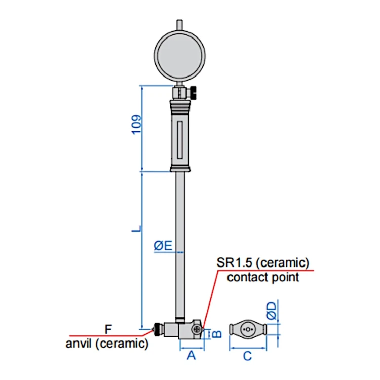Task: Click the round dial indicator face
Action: [x=179, y=56]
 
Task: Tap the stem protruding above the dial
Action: [x=179, y=25]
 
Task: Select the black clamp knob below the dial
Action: [x=194, y=93]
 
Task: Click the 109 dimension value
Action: [x=136, y=124]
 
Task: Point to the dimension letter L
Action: [x=136, y=229]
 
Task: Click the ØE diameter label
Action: [x=163, y=246]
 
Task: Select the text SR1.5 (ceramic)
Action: [x=263, y=262]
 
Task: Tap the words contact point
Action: [x=263, y=278]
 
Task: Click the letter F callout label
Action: [x=108, y=329]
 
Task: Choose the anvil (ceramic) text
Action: [x=107, y=344]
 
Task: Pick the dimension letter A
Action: [x=192, y=356]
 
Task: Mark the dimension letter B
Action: [x=217, y=334]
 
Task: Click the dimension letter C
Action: [x=247, y=356]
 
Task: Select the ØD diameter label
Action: [x=272, y=311]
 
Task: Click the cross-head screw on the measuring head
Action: [x=196, y=329]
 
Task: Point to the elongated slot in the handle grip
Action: [x=180, y=140]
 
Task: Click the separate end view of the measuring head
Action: [x=248, y=329]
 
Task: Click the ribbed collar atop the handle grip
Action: [x=180, y=106]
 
